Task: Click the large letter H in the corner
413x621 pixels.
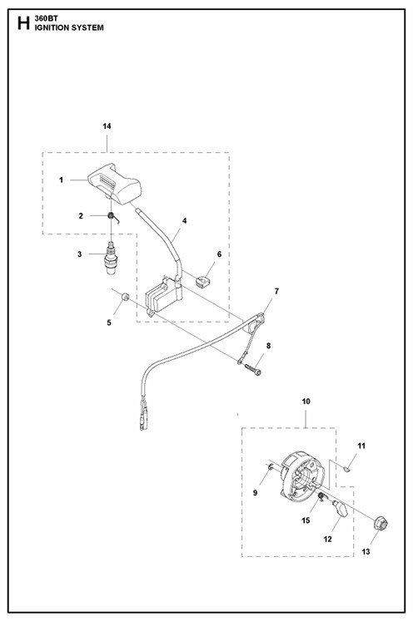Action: [23, 24]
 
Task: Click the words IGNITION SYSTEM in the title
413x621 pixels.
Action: [69, 27]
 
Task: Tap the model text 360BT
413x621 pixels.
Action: [46, 18]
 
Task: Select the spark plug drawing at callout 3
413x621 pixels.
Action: [111, 257]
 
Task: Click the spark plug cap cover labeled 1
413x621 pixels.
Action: [114, 184]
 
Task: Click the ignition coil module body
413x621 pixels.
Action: [162, 297]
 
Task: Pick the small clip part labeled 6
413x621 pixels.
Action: [202, 282]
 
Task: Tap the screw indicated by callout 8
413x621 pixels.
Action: [253, 369]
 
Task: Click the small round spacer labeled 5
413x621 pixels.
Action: [125, 296]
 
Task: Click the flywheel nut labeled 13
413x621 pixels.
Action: [381, 524]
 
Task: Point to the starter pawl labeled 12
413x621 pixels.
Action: [340, 508]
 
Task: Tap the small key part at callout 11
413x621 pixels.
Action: [347, 470]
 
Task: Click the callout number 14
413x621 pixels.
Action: [107, 126]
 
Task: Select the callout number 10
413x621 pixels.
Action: [306, 402]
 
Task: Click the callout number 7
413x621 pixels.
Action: [276, 291]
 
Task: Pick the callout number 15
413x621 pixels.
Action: [306, 520]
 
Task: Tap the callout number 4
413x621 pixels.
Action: [185, 220]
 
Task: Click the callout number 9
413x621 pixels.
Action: [255, 493]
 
